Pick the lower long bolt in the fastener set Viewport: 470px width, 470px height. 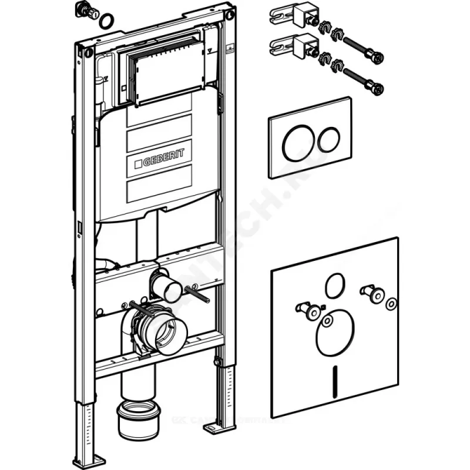364,80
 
